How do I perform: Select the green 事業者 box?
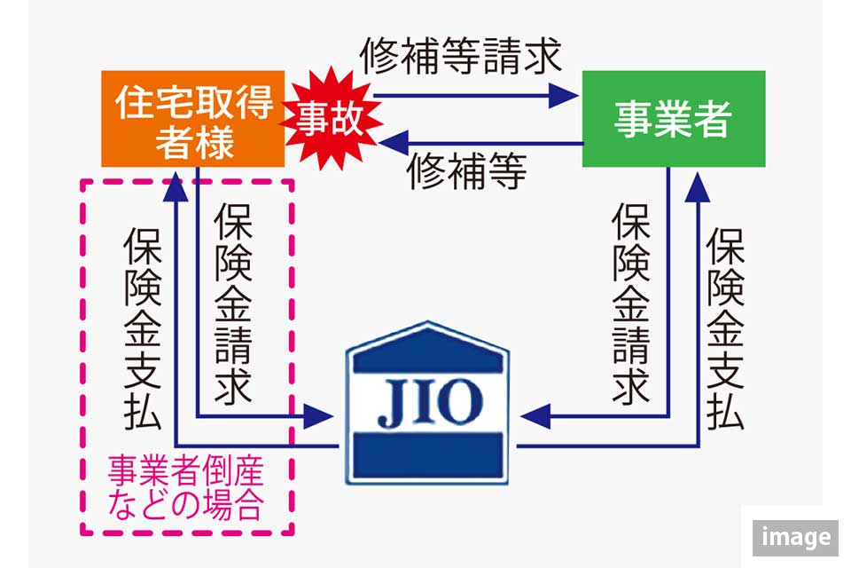(673, 119)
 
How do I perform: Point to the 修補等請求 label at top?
(460, 57)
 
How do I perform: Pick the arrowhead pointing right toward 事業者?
(564, 93)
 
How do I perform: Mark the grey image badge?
(795, 537)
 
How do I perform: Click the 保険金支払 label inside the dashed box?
(141, 328)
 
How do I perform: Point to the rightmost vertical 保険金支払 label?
(725, 328)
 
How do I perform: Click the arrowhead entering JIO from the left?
(319, 414)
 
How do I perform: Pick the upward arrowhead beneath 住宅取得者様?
(176, 185)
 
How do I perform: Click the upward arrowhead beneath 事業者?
(700, 185)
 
